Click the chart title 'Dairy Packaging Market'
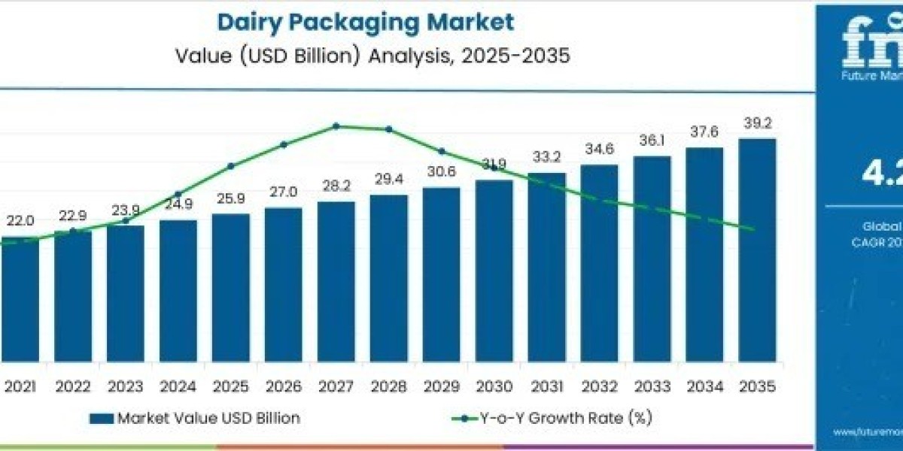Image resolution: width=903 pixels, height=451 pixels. point(366,22)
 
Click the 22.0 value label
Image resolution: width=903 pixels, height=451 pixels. point(20,221)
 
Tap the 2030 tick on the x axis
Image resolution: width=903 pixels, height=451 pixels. point(494,387)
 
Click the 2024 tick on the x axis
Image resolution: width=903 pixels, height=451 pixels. point(178,387)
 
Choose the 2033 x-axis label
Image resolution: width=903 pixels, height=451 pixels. point(652,387)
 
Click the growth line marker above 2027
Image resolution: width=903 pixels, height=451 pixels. point(336,126)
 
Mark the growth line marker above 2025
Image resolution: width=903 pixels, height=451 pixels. point(231,166)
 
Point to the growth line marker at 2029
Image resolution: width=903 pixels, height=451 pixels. point(442,151)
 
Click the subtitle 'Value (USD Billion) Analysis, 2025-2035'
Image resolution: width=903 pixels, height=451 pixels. point(366,56)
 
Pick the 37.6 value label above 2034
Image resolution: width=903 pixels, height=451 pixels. point(704,132)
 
